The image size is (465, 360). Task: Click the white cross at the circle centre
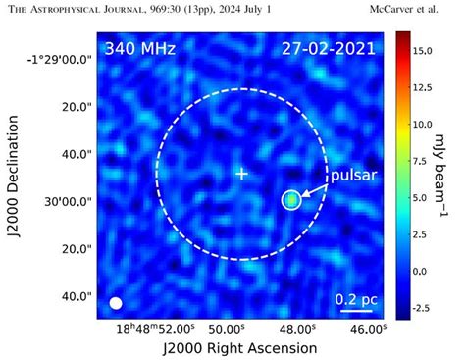(241, 174)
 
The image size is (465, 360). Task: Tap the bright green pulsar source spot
(291, 200)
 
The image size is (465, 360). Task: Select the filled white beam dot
(116, 303)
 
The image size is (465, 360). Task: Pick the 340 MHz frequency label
(139, 47)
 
